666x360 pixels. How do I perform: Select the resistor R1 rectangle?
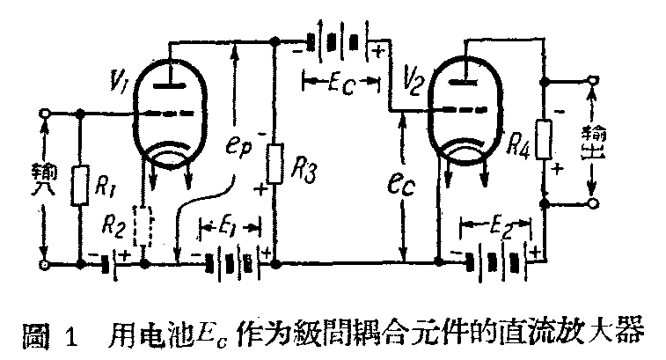81,184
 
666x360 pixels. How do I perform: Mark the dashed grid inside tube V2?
465,110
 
